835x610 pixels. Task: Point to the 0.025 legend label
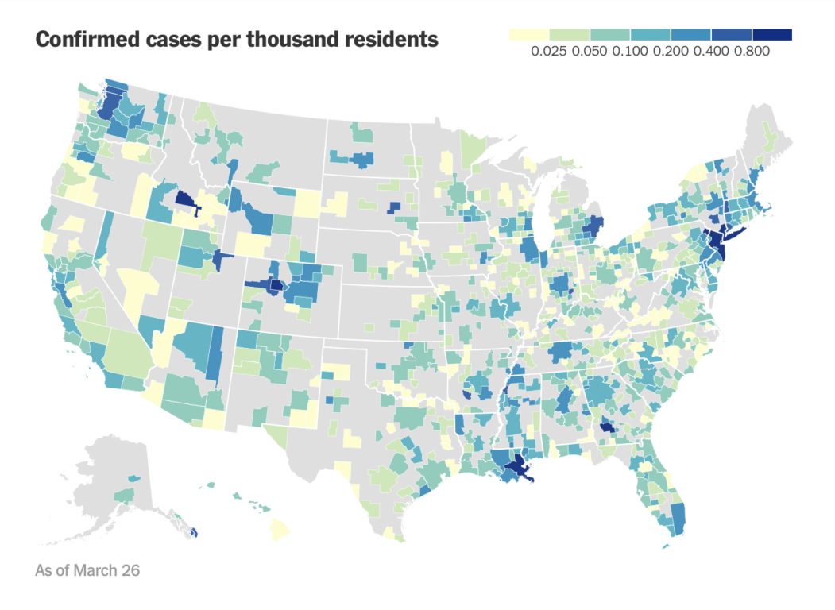click(549, 51)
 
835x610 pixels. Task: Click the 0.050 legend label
click(590, 51)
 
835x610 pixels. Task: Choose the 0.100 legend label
click(630, 51)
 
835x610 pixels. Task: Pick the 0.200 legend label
click(671, 51)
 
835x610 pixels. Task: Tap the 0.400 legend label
click(711, 51)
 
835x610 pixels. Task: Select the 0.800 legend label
click(752, 51)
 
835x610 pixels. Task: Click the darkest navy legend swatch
click(772, 35)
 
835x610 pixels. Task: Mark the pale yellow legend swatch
click(529, 35)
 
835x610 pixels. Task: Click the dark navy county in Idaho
click(187, 201)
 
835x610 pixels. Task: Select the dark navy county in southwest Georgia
click(606, 427)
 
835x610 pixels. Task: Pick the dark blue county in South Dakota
click(395, 207)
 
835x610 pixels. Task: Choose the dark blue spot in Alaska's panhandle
click(194, 531)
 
